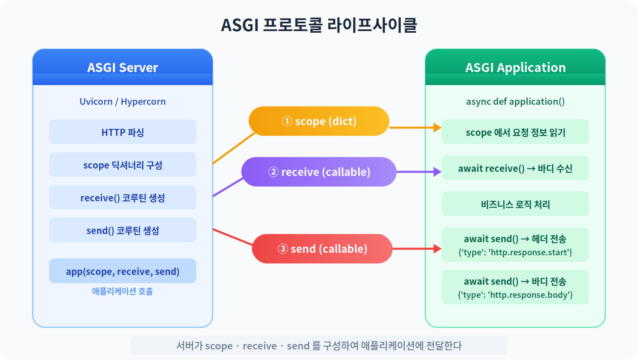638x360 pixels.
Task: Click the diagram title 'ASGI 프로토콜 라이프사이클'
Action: click(319, 25)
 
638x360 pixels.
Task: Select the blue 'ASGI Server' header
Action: click(123, 67)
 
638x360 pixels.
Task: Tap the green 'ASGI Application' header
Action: click(515, 67)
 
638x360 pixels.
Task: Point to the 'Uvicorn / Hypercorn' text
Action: click(123, 101)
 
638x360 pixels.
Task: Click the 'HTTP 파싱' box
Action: click(123, 132)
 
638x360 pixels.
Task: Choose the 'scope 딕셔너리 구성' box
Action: click(123, 165)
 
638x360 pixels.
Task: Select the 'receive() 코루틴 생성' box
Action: click(123, 198)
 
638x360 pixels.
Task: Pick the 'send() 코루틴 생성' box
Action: click(123, 230)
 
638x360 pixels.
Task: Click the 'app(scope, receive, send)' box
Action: click(123, 271)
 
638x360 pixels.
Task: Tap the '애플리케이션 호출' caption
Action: click(123, 291)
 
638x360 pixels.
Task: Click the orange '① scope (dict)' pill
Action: click(319, 121)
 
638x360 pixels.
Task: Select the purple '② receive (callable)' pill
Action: click(319, 172)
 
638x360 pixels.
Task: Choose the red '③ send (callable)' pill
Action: click(322, 249)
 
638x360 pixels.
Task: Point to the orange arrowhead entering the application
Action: click(437, 128)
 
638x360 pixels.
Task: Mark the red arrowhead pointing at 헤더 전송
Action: click(437, 249)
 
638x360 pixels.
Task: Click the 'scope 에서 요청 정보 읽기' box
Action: click(515, 132)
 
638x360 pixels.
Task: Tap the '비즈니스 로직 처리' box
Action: click(515, 204)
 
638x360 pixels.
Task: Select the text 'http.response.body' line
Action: click(515, 295)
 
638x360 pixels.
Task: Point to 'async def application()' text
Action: click(515, 101)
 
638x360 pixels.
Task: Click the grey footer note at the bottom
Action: click(319, 346)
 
